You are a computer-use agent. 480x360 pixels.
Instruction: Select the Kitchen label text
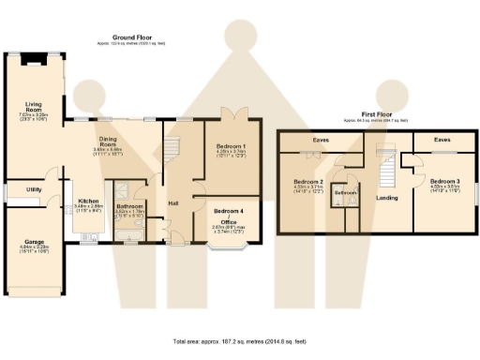click(88, 200)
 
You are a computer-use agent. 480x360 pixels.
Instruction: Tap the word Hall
click(173, 202)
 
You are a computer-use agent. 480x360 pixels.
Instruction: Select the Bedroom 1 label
click(231, 147)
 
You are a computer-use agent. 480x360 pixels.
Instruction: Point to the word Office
click(229, 221)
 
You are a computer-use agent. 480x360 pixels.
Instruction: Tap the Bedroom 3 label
click(443, 180)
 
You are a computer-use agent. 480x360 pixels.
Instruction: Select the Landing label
click(385, 196)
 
